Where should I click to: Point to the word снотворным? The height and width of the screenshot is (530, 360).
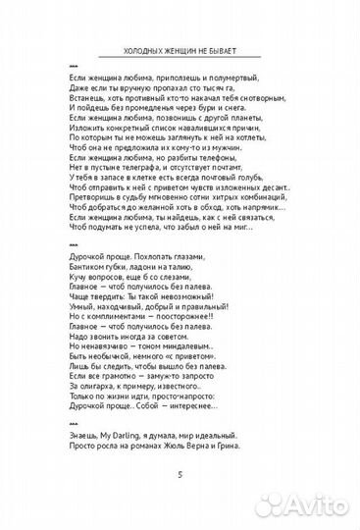click(x=259, y=99)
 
